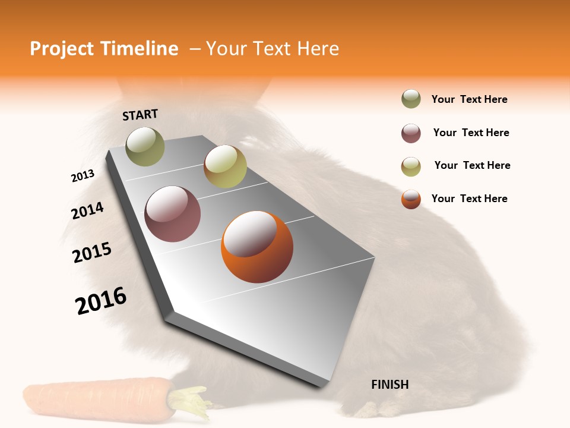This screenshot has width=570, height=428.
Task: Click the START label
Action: [140, 115]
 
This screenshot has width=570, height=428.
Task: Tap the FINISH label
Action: [389, 385]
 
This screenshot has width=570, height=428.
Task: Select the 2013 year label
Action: [83, 175]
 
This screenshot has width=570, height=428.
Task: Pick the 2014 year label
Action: [87, 210]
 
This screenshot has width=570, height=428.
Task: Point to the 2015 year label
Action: [92, 253]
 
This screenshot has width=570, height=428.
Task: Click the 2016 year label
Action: [101, 301]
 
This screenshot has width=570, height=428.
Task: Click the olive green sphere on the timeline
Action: [145, 146]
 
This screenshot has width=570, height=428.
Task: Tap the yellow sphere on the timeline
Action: [225, 166]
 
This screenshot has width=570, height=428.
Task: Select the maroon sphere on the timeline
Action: [172, 214]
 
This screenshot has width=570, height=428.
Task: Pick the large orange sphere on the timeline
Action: [257, 246]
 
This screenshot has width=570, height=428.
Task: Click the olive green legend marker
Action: [411, 99]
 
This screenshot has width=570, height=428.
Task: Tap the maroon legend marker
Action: [411, 133]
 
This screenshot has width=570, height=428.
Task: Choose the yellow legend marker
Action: [411, 166]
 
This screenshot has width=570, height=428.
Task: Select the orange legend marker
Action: [411, 199]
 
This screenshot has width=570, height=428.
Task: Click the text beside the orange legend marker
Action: [469, 199]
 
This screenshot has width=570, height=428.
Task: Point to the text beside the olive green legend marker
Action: [469, 99]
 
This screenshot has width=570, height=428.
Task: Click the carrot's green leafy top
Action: [190, 401]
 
